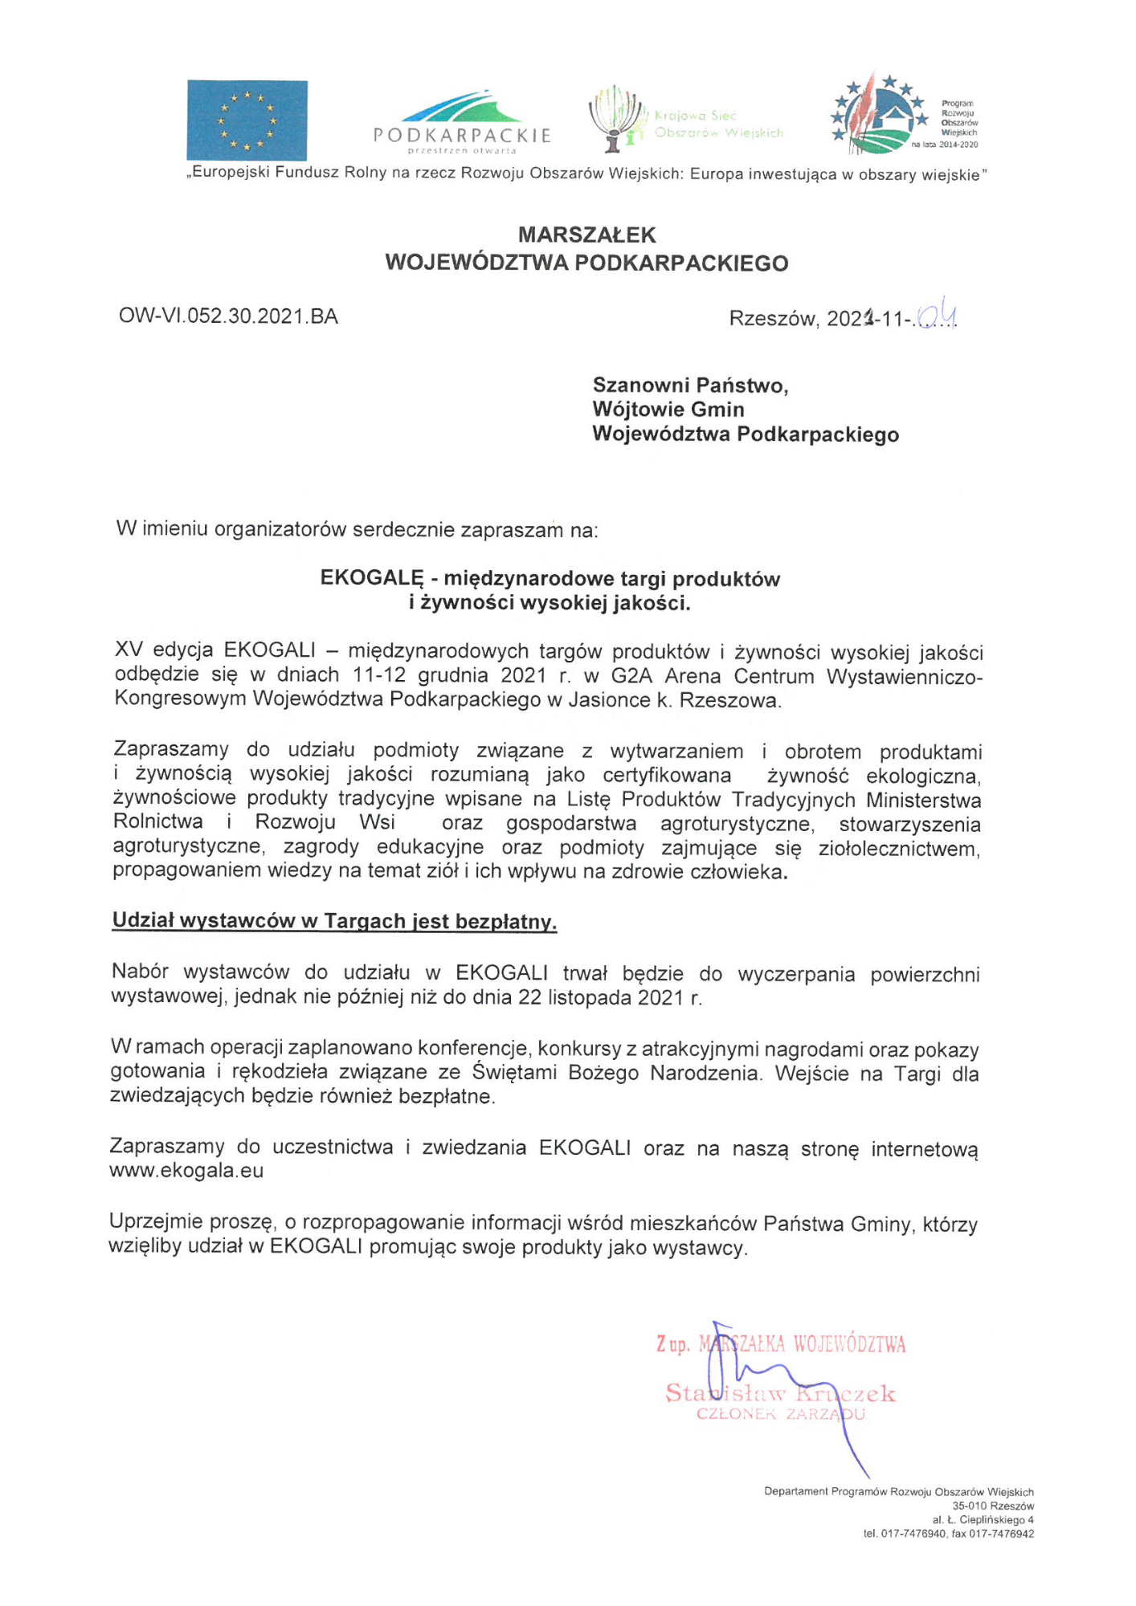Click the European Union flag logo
(247, 120)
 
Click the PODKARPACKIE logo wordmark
(462, 135)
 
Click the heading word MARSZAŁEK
(586, 235)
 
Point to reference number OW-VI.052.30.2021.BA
(228, 316)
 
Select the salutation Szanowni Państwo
(690, 385)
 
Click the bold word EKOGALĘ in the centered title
(371, 579)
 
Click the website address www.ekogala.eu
(186, 1171)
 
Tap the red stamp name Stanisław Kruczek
(779, 1393)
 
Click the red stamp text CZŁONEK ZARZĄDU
(779, 1414)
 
